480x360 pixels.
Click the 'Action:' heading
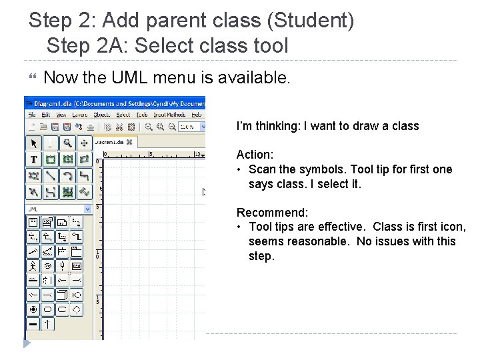click(255, 155)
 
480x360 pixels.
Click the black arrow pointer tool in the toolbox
click(33, 143)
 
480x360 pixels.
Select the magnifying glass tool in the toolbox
click(67, 143)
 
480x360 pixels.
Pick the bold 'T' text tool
click(33, 159)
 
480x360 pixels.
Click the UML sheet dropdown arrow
click(87, 209)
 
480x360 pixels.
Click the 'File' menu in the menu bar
click(31, 115)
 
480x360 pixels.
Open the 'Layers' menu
click(80, 115)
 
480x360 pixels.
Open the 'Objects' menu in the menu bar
click(102, 115)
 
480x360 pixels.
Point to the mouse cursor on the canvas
click(205, 192)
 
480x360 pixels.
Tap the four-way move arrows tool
click(84, 143)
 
